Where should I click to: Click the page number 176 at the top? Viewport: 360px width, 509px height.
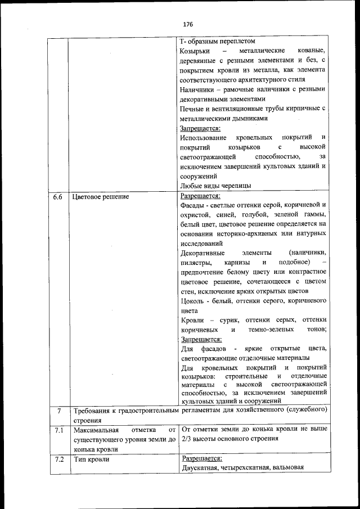[x=188, y=25]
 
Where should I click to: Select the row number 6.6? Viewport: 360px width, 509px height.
[x=57, y=197]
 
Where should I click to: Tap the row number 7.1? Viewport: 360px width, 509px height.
[x=57, y=430]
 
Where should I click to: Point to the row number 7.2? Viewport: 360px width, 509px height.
[x=57, y=460]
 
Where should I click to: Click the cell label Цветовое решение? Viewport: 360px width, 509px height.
[x=100, y=197]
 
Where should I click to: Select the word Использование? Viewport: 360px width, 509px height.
[x=204, y=138]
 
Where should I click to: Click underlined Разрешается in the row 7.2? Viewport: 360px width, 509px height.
[x=201, y=458]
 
